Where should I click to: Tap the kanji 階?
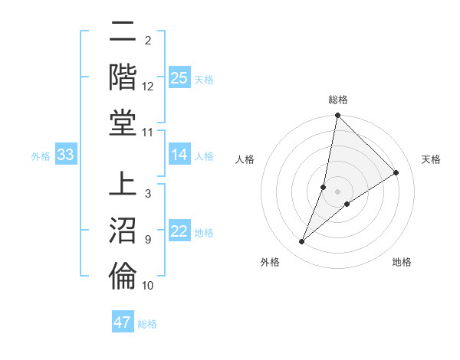point(123,76)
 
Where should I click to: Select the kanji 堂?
point(123,122)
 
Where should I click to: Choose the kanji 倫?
point(123,276)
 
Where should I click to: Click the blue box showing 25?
point(179,77)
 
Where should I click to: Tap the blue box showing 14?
point(179,155)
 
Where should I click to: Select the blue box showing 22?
point(179,231)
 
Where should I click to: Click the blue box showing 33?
point(65,155)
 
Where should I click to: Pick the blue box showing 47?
point(122,322)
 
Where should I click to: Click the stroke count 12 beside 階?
point(148,87)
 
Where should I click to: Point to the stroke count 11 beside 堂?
point(148,133)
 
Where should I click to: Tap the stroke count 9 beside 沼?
point(148,240)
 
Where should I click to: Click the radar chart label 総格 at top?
point(338,100)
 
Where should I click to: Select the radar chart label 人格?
point(245,159)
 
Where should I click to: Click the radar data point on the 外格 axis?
point(302,242)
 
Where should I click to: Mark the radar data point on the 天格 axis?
point(396,172)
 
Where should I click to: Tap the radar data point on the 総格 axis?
point(337,116)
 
